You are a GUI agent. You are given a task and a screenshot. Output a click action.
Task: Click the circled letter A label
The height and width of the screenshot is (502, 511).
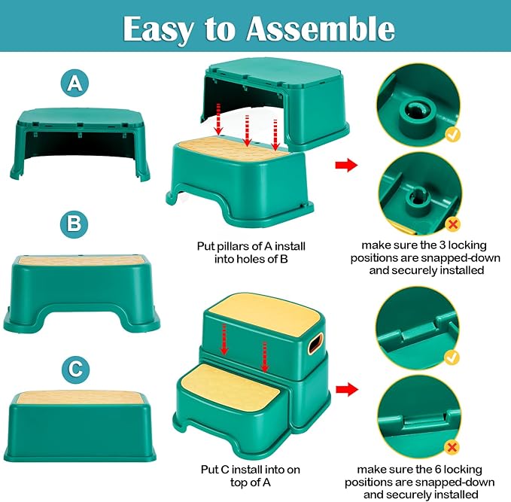click(x=75, y=83)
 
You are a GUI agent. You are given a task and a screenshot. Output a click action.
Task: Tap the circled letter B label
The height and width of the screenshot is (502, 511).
click(x=74, y=224)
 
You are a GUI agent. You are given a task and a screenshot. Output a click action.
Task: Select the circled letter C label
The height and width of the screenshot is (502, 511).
click(x=75, y=370)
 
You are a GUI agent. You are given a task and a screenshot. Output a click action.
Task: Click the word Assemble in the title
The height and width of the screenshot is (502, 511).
click(x=321, y=29)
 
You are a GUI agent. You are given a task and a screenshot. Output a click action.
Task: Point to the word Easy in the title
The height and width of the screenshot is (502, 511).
click(x=158, y=30)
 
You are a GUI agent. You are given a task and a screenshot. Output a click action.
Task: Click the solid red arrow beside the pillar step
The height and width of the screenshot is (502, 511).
click(x=346, y=165)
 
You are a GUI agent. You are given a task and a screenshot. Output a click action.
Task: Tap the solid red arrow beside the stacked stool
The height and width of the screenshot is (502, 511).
click(x=347, y=389)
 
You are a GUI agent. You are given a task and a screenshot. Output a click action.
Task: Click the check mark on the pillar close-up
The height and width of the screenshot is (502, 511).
click(x=453, y=134)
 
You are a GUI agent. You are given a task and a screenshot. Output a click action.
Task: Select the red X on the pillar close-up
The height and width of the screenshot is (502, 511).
click(x=453, y=224)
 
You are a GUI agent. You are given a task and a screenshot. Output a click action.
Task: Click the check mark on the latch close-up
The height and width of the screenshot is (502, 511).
click(x=452, y=357)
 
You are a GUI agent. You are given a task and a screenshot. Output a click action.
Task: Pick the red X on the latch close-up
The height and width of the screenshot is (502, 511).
click(x=452, y=447)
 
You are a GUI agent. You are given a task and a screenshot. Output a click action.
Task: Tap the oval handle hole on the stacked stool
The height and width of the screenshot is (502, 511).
click(x=315, y=344)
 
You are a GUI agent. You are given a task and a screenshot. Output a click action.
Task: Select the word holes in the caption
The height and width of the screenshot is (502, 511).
click(x=253, y=259)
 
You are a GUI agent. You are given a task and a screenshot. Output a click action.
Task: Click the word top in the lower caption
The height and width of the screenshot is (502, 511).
click(x=239, y=483)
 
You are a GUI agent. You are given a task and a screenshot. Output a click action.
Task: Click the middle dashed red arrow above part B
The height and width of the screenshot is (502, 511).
click(x=248, y=130)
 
